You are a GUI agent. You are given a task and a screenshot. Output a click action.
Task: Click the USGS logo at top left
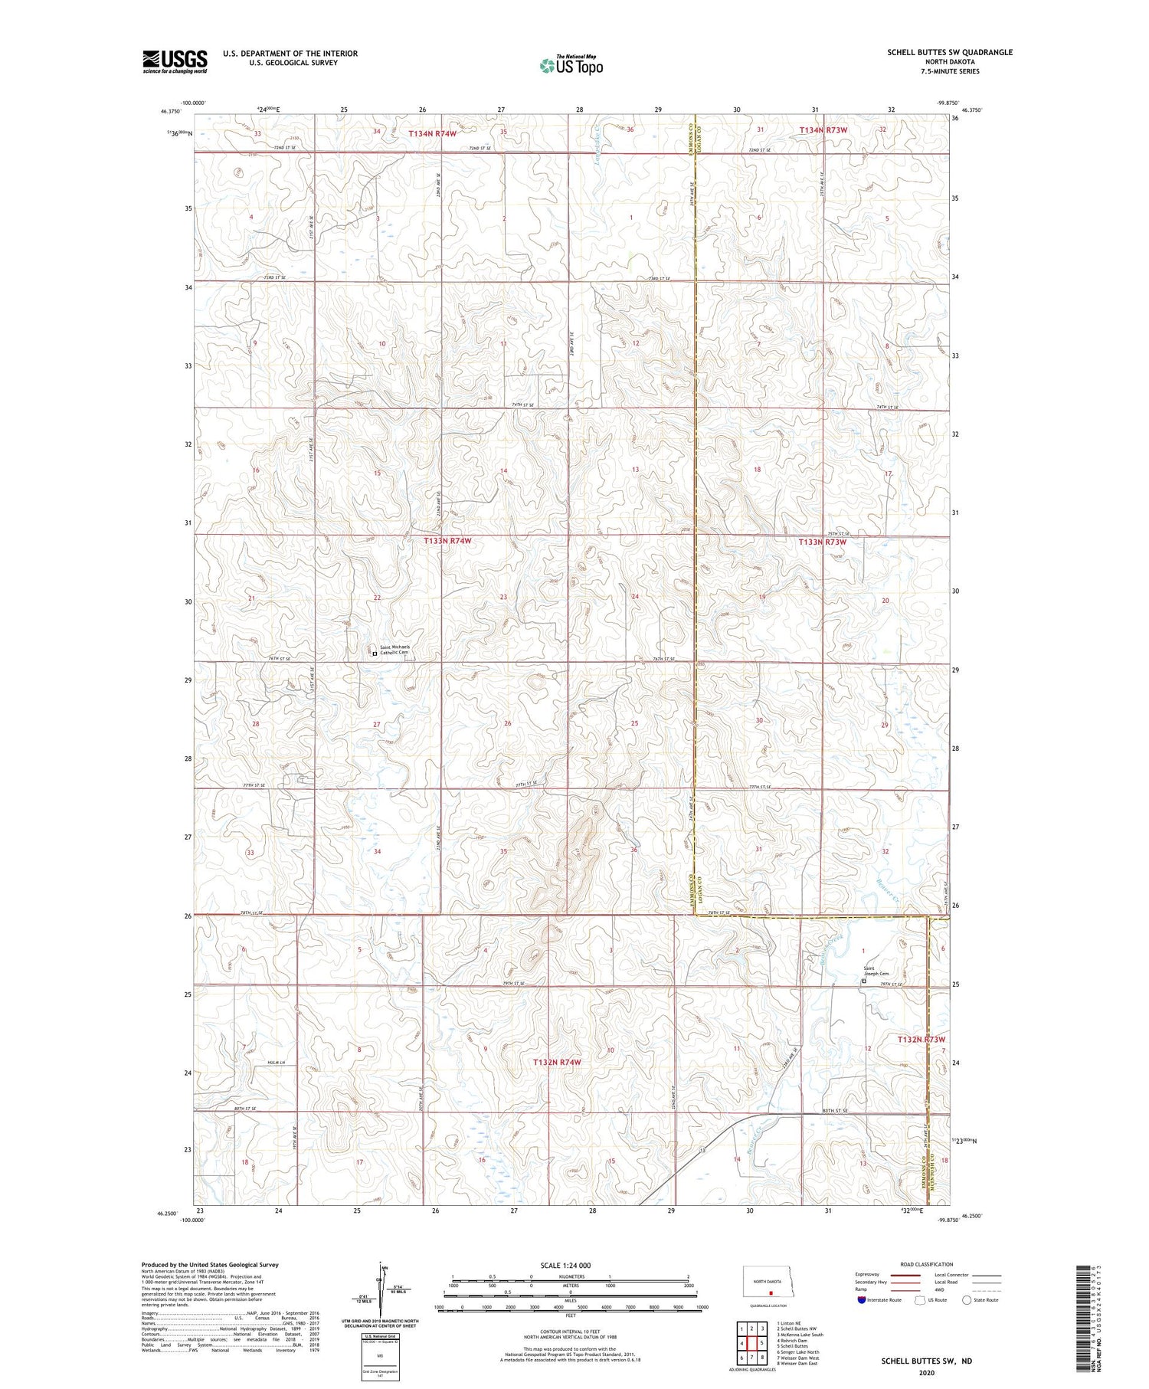coord(175,61)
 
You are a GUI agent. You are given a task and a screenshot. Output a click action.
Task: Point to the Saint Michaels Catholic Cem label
coord(395,650)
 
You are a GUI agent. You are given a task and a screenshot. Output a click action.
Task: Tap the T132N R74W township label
coord(557,1063)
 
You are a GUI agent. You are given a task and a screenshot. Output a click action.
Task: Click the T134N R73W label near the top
coord(823,130)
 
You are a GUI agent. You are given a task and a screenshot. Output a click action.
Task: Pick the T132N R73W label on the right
coord(926,1040)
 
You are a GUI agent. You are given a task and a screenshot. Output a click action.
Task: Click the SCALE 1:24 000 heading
coord(570,1266)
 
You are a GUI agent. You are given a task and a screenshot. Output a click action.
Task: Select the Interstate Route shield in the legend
coord(861,1300)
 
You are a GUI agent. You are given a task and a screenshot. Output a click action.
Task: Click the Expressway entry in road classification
coord(870,1275)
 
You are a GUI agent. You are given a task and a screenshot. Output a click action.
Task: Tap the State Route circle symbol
coord(967,1300)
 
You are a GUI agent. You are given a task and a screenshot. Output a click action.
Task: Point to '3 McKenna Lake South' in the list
coord(800,1335)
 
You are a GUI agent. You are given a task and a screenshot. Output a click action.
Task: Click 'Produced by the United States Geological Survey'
coord(209,1265)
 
